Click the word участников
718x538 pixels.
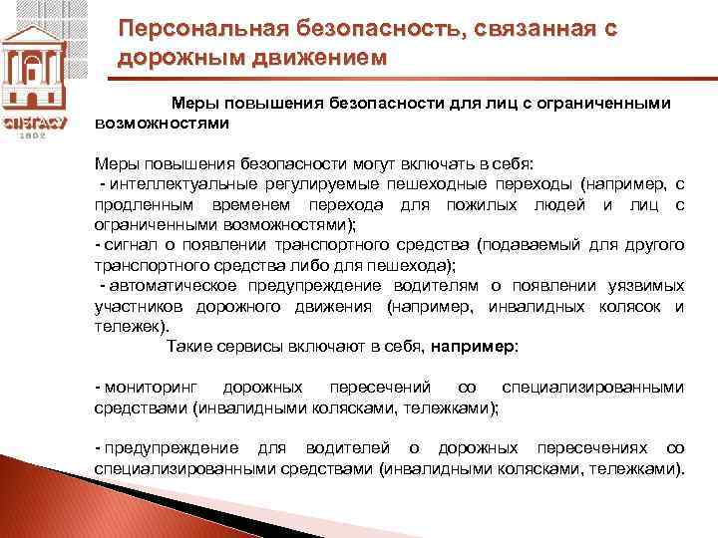(140, 306)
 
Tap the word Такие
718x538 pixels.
(188, 347)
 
